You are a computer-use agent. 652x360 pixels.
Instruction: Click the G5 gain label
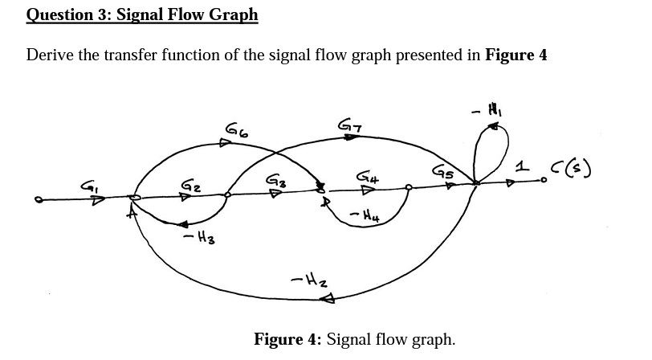point(442,170)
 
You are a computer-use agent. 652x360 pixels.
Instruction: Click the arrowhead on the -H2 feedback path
point(327,301)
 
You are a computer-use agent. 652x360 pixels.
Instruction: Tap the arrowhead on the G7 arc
point(351,137)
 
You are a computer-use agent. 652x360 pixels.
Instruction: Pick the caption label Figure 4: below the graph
point(288,338)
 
